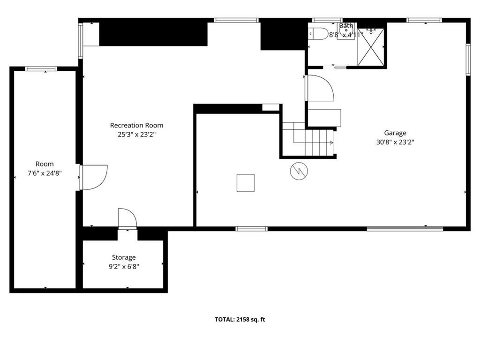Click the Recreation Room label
(136, 125)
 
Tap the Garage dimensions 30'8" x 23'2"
(395, 142)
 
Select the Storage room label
(124, 257)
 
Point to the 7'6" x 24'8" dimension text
(45, 173)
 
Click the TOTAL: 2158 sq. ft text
(240, 320)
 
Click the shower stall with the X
(371, 47)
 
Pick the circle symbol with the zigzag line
(299, 171)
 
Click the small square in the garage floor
(246, 183)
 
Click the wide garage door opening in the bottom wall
(405, 228)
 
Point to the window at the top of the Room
(41, 68)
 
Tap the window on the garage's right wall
(468, 60)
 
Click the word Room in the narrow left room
(45, 164)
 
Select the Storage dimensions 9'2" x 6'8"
(124, 267)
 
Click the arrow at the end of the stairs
(332, 142)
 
